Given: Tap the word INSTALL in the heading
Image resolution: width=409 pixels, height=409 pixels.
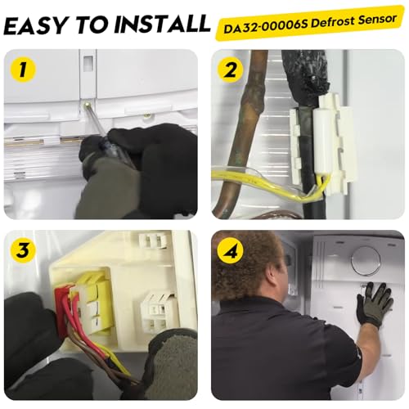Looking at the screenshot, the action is tap(162, 24).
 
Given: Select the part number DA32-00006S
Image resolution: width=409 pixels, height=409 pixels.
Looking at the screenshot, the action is tap(266, 26).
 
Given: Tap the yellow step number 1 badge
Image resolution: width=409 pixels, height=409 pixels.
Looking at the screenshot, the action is tap(23, 69).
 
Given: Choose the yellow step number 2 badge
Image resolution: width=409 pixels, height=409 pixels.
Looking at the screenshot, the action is tap(231, 70).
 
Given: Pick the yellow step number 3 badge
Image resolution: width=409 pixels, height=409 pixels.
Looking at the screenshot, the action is tap(23, 249).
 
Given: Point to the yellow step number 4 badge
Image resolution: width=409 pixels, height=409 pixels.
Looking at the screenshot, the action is tap(231, 250).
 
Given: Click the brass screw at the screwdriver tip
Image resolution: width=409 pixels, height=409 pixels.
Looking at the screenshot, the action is tap(87, 104).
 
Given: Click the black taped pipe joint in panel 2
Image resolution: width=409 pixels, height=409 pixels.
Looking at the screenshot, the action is tap(305, 74).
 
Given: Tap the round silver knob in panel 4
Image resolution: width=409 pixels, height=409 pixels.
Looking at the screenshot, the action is tap(366, 260).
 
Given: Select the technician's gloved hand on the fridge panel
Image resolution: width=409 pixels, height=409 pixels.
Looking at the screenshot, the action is tap(374, 304).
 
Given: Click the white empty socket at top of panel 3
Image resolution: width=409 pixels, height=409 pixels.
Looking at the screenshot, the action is tap(153, 240).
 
